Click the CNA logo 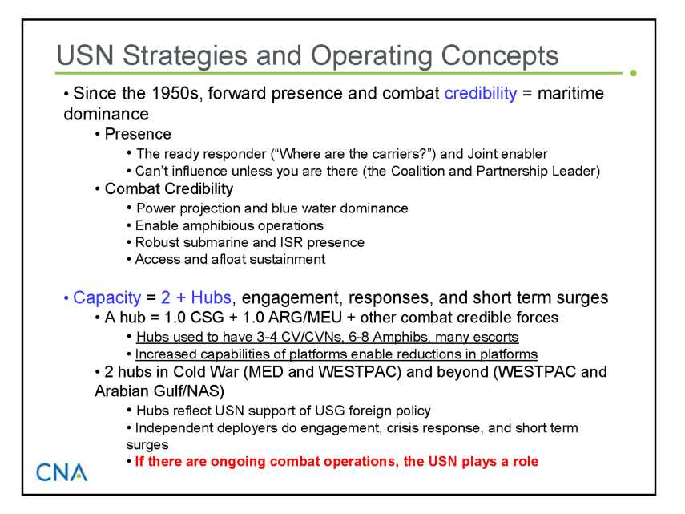pos(62,472)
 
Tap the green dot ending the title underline pos(633,73)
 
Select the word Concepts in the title pos(499,56)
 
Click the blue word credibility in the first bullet pos(481,94)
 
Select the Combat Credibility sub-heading pos(168,188)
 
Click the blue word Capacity pos(107,297)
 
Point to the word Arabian pos(120,391)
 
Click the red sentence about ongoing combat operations pos(336,462)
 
